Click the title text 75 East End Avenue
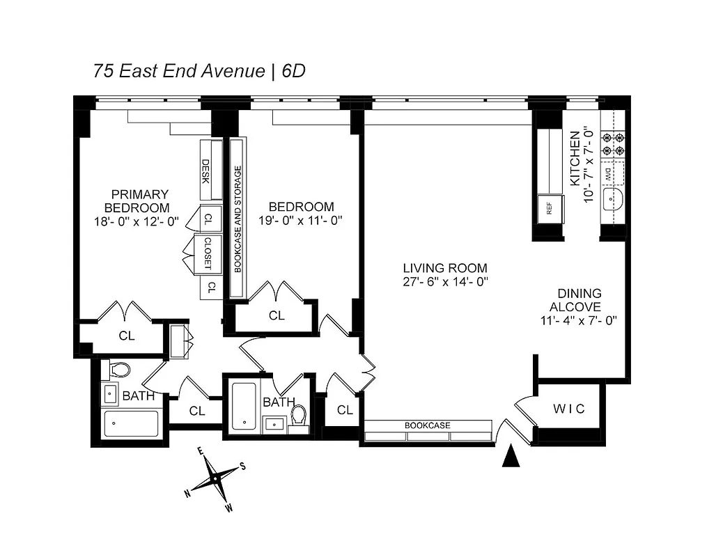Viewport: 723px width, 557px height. pyautogui.click(x=179, y=71)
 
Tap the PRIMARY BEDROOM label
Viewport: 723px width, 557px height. pyautogui.click(x=137, y=201)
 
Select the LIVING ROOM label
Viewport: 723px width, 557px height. pyautogui.click(x=445, y=268)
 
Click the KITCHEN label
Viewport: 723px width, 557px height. pyautogui.click(x=575, y=158)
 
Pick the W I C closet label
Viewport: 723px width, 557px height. pyautogui.click(x=569, y=409)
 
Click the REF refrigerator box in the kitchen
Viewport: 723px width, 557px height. pyautogui.click(x=549, y=209)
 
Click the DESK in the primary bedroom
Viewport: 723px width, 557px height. pyautogui.click(x=206, y=170)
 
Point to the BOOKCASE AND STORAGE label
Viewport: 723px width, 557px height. pyautogui.click(x=238, y=218)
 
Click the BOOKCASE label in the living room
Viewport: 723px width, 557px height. pyautogui.click(x=428, y=425)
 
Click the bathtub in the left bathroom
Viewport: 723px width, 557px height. pyautogui.click(x=131, y=423)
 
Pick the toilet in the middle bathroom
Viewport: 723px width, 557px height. pyautogui.click(x=300, y=416)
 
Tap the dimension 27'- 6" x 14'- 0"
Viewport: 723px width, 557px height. pyautogui.click(x=445, y=282)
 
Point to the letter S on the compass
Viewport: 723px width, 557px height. pyautogui.click(x=242, y=466)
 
